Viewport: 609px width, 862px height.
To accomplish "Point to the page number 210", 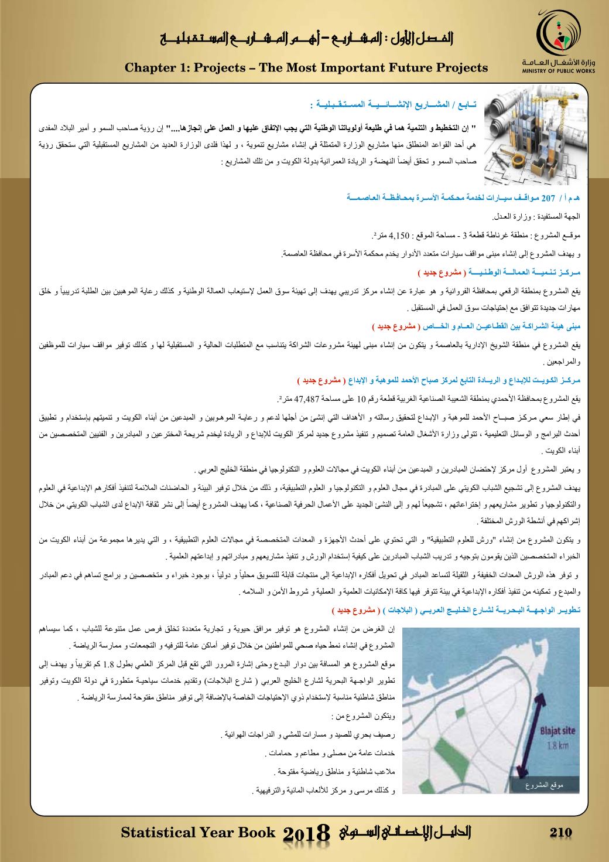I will click(x=560, y=833).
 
